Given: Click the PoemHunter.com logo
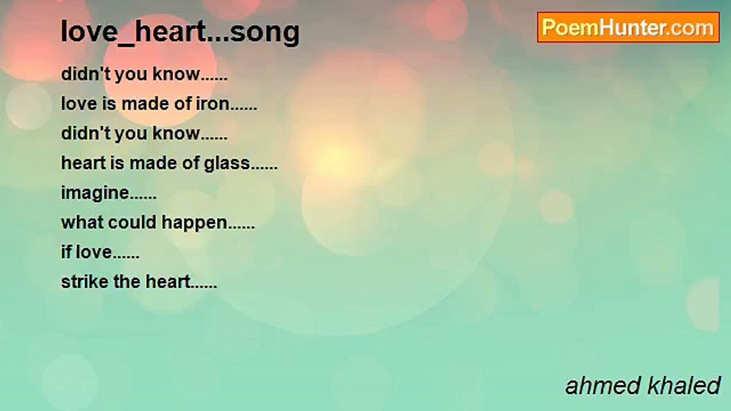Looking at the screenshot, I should [x=628, y=27].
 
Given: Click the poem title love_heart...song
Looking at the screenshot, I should [x=180, y=32].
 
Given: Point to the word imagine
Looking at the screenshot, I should [x=95, y=194].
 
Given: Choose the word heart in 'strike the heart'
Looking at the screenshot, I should [x=167, y=282].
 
